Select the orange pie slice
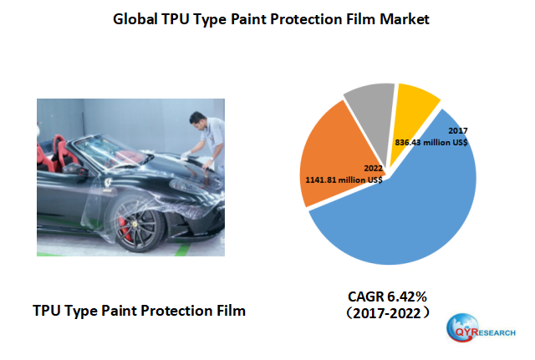(330, 150)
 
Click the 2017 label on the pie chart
(457, 132)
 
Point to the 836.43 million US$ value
(431, 144)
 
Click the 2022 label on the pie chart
(373, 168)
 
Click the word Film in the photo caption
(227, 311)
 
